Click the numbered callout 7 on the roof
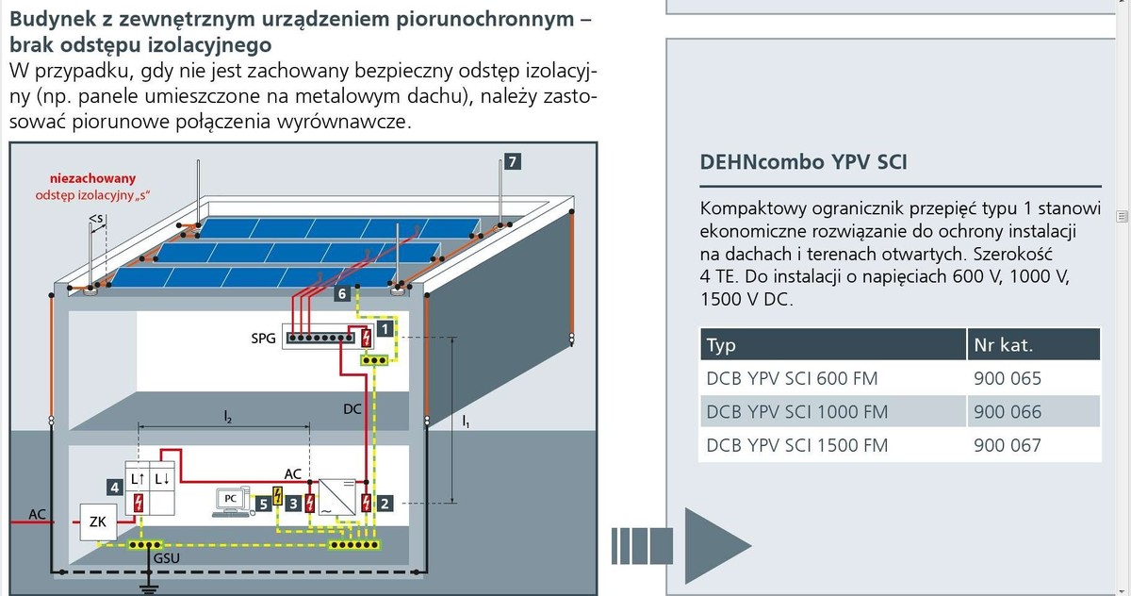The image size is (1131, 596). tap(511, 161)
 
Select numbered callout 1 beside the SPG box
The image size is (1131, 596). tap(385, 328)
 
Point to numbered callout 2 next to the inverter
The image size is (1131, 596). tap(385, 503)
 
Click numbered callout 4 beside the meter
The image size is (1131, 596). tap(114, 488)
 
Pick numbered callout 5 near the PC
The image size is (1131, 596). tap(264, 505)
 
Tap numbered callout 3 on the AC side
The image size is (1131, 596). tap(294, 505)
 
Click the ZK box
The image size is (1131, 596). tap(96, 521)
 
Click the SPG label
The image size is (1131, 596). tap(265, 338)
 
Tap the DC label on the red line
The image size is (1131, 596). tap(352, 408)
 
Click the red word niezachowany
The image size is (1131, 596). tap(93, 177)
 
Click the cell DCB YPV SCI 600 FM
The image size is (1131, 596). tap(792, 378)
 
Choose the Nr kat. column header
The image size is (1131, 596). tap(1003, 345)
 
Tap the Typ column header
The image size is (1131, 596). tap(721, 345)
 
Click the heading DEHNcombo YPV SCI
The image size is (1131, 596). tap(803, 161)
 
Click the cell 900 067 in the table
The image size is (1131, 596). tap(1007, 445)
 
